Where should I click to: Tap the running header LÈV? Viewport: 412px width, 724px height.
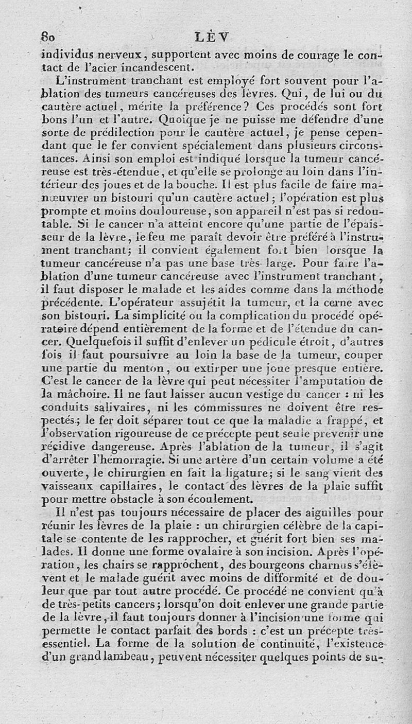[213, 37]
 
